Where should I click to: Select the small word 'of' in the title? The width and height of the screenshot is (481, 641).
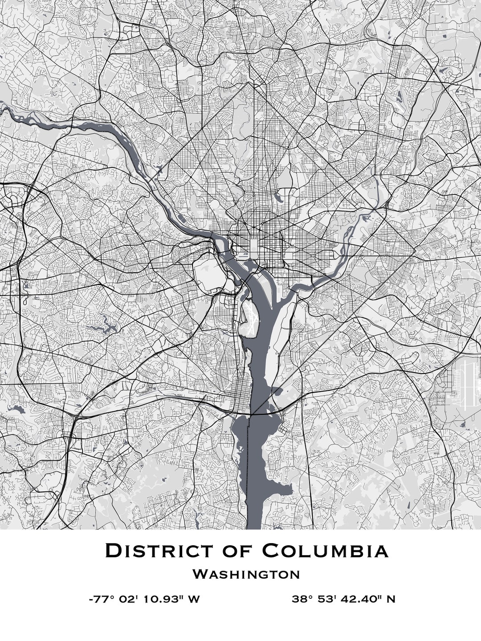coord(238,551)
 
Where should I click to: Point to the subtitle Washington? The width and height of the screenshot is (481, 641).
coord(246,574)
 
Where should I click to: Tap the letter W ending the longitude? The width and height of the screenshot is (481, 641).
coord(193,599)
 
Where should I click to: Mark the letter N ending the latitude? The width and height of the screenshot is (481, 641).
coord(391,599)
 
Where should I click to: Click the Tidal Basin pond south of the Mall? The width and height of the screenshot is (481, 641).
coord(249,266)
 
